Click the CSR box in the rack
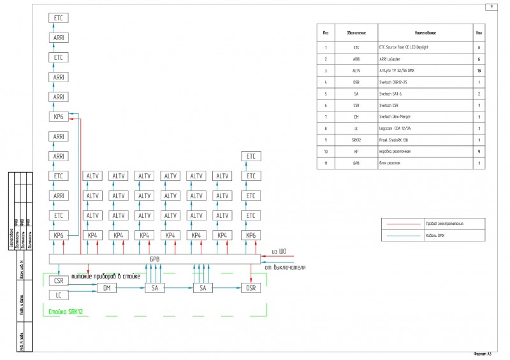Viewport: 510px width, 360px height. tap(59, 280)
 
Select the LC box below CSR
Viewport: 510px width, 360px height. tap(59, 295)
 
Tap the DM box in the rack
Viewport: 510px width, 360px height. tap(106, 288)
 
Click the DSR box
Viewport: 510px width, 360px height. tap(251, 288)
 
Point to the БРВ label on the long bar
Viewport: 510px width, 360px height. tap(154, 260)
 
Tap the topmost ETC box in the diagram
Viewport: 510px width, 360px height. tap(59, 18)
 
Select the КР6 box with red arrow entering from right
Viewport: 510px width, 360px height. tap(59, 117)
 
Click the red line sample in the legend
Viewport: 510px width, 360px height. tap(403, 224)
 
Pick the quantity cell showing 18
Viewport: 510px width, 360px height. tap(478, 70)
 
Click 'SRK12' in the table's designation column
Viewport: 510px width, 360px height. tap(356, 140)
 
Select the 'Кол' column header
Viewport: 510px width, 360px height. tap(478, 32)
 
